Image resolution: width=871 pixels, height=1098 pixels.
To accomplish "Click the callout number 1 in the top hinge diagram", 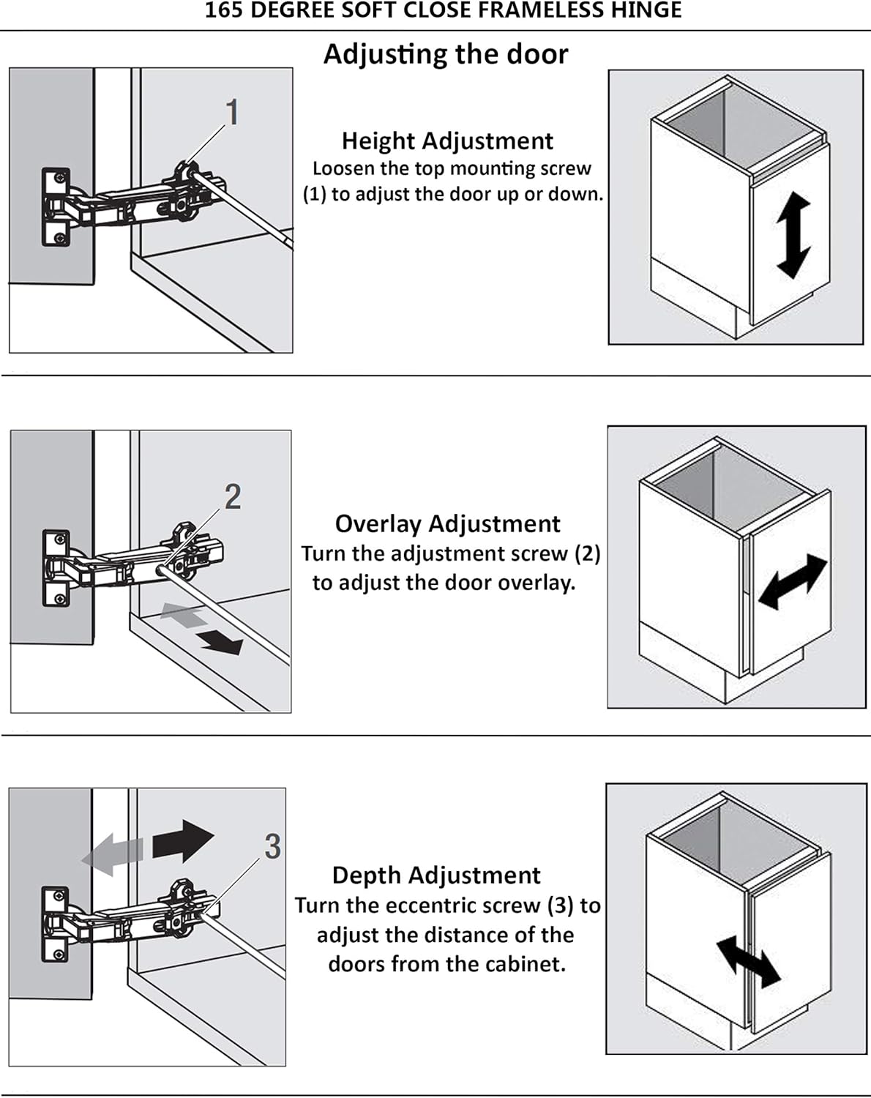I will [232, 113].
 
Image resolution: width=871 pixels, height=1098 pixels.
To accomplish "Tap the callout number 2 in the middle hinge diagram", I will [233, 497].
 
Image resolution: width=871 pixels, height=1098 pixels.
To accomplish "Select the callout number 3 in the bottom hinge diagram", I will [272, 847].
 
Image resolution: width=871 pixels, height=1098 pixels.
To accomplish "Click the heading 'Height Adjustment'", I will [447, 141].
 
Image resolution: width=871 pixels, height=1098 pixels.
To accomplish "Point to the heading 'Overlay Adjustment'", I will [447, 524].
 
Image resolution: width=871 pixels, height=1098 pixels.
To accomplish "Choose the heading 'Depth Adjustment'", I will [436, 875].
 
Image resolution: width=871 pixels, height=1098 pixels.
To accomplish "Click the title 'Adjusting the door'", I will [446, 54].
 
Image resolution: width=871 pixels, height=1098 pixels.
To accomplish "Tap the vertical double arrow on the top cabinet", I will [793, 236].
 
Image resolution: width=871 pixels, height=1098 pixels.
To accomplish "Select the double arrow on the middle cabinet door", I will [793, 581].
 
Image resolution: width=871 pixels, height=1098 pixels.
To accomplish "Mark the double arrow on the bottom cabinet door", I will [748, 961].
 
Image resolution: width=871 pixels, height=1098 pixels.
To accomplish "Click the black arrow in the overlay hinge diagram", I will [221, 642].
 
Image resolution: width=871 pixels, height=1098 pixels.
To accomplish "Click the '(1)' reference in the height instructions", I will [315, 195].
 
